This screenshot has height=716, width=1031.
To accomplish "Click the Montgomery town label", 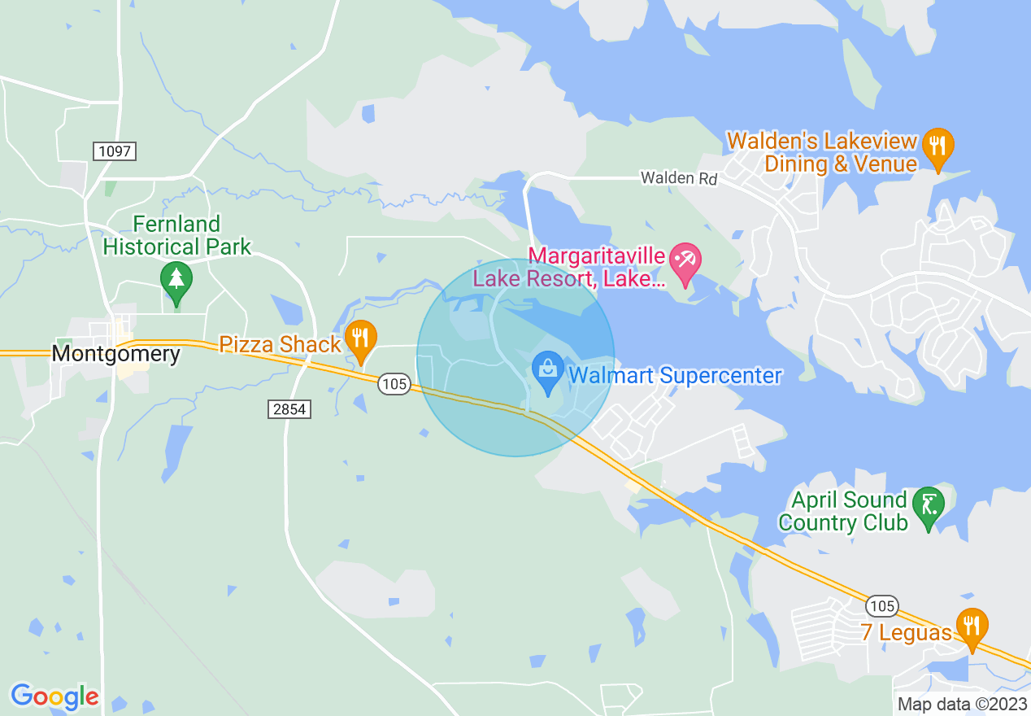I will click(115, 354).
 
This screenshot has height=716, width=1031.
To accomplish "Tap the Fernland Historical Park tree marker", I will click(176, 279).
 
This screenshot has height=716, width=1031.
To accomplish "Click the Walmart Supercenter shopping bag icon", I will click(548, 370).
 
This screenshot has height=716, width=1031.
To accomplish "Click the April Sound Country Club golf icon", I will click(928, 505).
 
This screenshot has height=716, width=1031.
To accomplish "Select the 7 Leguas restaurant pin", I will click(972, 626).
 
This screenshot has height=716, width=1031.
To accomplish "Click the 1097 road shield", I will click(114, 151).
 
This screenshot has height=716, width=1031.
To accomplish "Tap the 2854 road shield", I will click(289, 409).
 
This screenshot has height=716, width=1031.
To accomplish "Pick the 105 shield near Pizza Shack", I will click(394, 384).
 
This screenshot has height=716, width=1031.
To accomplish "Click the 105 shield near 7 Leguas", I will click(881, 605).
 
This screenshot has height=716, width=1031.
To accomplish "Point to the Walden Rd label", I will click(679, 177).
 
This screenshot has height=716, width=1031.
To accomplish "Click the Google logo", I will click(54, 696).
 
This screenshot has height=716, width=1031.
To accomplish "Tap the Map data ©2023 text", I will click(962, 704).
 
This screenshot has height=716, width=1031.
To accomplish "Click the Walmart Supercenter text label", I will click(675, 376).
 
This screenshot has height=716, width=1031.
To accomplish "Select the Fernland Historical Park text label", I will click(176, 235).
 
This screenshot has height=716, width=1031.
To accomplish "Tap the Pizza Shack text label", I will click(281, 344).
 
